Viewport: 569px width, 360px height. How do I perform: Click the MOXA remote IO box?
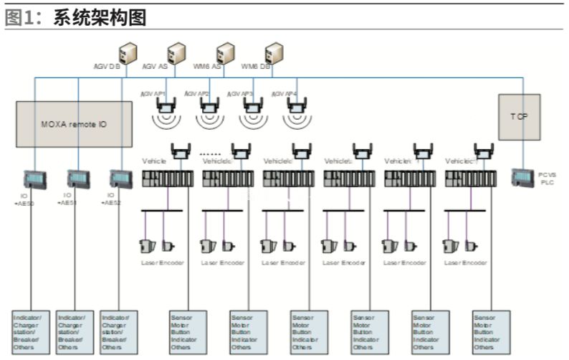(74, 124)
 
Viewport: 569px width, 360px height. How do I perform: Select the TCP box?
(520, 116)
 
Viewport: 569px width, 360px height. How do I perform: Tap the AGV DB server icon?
(128, 52)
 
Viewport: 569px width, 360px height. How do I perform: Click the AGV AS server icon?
(176, 52)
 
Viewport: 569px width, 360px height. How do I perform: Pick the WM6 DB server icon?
(273, 52)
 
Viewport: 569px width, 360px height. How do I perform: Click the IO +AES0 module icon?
(34, 179)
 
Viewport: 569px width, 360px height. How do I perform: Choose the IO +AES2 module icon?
(120, 179)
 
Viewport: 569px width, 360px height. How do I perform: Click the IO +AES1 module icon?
(77, 179)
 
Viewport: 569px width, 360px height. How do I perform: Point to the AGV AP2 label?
(196, 93)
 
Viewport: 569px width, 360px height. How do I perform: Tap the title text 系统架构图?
(100, 18)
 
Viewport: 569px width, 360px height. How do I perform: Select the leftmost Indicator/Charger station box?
(32, 331)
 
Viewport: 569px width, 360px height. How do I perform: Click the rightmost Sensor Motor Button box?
(492, 331)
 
